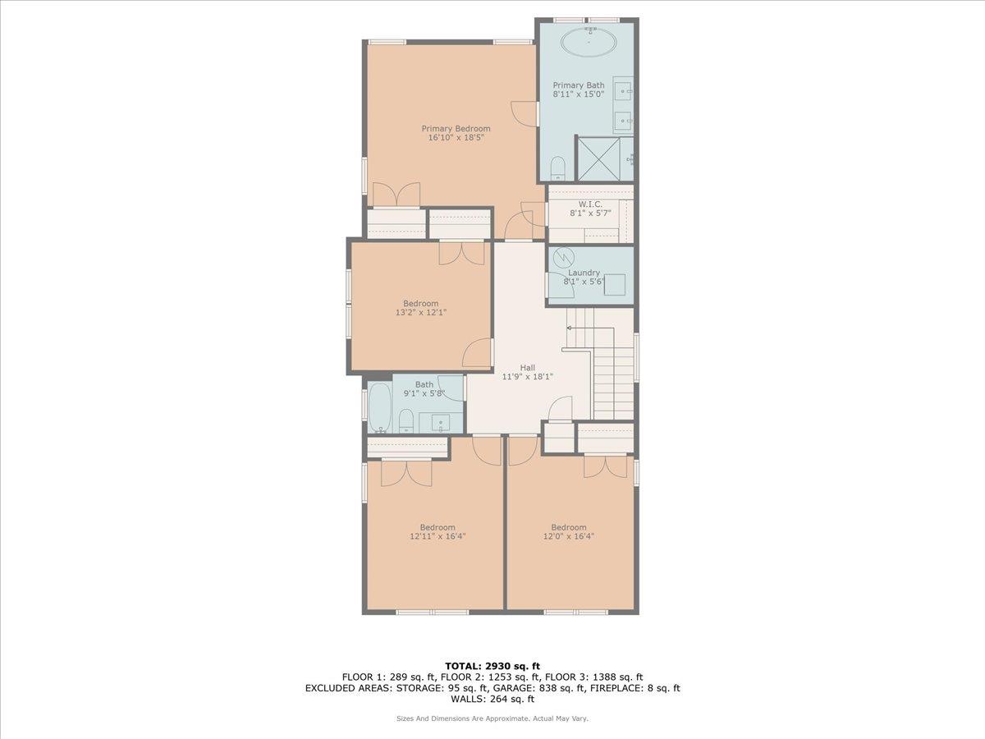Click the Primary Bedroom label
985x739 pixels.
tap(456, 128)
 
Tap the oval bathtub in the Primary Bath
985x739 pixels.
tap(588, 42)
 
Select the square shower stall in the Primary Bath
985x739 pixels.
tap(598, 158)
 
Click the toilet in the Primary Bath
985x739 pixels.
tap(558, 168)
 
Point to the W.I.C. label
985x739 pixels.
tap(590, 203)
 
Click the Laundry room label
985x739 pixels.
tap(584, 273)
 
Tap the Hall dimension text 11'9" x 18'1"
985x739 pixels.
tap(528, 377)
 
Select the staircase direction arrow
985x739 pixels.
tap(570, 328)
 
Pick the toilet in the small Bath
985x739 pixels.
tap(405, 422)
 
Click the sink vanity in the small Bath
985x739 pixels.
tap(440, 423)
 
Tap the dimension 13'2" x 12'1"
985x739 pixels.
tap(420, 312)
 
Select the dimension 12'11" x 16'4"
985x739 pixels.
tap(438, 536)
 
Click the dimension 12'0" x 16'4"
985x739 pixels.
tap(569, 536)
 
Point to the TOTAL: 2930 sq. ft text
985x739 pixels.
tap(492, 666)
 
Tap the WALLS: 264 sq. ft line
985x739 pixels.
tap(492, 700)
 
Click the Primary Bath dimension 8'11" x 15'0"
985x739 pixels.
tap(579, 94)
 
